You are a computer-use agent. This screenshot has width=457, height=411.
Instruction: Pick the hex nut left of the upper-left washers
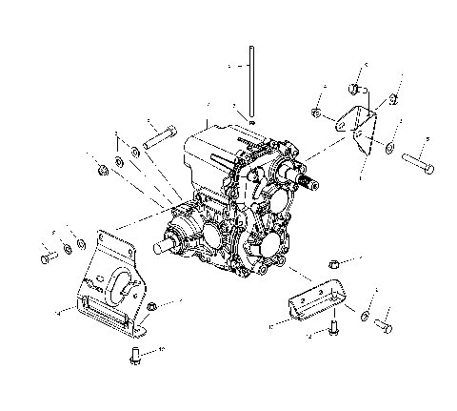click(x=101, y=172)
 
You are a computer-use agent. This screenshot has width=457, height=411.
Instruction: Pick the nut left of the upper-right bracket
click(x=317, y=115)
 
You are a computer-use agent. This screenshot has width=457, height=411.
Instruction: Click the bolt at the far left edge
click(x=47, y=257)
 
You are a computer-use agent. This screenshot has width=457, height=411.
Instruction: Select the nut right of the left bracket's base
click(x=152, y=308)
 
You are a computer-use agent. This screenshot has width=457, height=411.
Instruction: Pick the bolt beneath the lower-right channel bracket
click(x=332, y=329)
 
